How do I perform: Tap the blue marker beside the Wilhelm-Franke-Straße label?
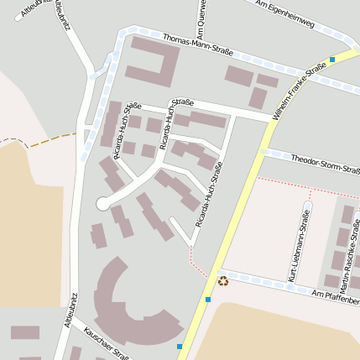[x=333, y=59]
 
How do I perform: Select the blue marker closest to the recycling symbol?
[x=207, y=299]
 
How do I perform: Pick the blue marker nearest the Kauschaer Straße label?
[x=179, y=346]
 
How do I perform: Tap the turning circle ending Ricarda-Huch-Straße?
[x=102, y=203]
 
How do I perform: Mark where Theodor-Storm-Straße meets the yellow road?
[x=261, y=152]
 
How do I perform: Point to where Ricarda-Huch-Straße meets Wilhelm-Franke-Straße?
[x=274, y=118]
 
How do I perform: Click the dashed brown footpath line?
[x=42, y=139]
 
